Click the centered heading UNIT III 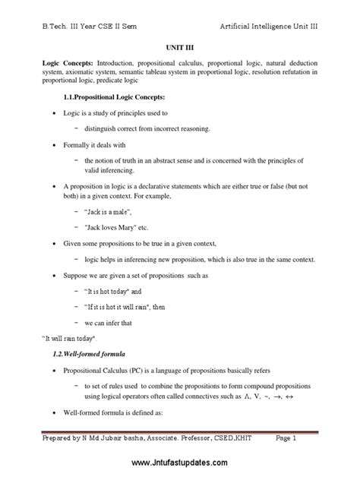(180, 46)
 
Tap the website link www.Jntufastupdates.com (181, 463)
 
